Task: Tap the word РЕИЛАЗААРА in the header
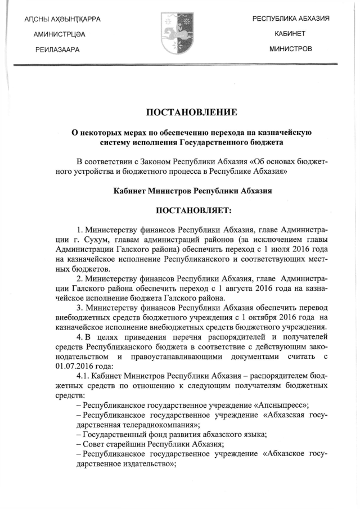click(x=57, y=49)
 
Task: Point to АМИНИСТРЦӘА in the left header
click(x=59, y=34)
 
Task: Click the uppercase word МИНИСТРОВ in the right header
click(x=290, y=49)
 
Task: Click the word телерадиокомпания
click(x=131, y=425)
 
